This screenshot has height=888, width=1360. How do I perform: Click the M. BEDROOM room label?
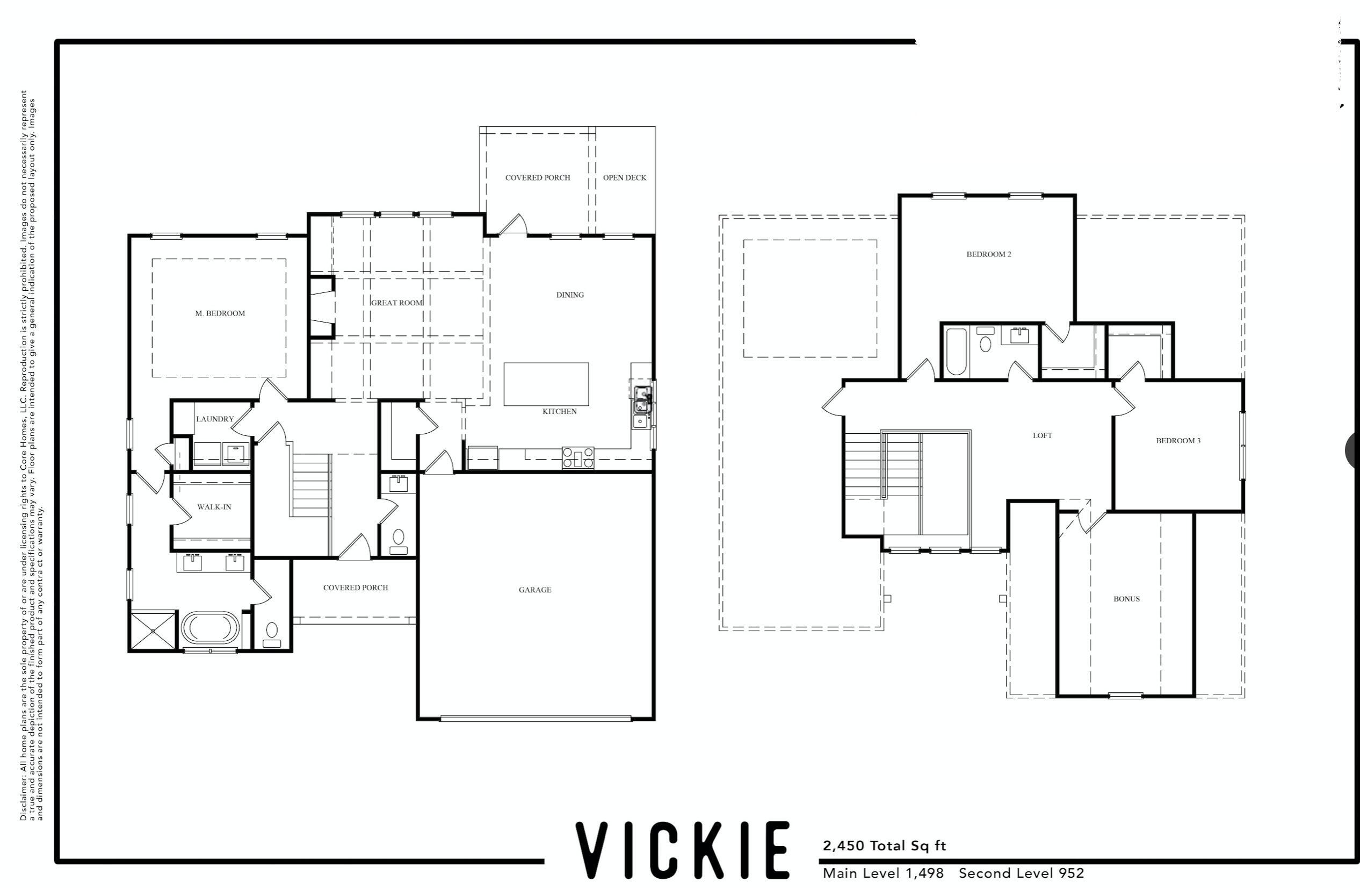point(220,313)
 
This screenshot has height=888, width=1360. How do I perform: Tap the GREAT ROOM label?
point(396,303)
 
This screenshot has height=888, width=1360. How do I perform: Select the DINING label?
point(570,295)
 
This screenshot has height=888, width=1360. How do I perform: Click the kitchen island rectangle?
point(546,384)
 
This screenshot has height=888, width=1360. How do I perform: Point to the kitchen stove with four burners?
point(578,457)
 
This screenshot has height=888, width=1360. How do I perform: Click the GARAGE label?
point(535,590)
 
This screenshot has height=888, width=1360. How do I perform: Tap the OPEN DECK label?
point(625,178)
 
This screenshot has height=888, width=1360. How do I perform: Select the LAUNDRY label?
point(215,419)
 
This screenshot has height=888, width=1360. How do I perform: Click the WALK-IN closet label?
point(214,506)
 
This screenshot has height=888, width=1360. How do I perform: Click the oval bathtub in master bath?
point(209,628)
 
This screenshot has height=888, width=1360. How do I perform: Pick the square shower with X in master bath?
point(153,631)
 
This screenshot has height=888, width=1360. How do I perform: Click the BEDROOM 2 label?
point(988,254)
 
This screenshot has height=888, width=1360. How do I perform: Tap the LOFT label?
point(1042,436)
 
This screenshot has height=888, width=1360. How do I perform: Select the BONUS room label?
point(1126,599)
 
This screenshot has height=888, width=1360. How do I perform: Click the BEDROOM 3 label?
point(1178,440)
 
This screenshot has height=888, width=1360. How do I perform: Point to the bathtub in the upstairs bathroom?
point(956,352)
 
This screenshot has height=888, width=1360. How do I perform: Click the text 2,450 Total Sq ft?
point(884,845)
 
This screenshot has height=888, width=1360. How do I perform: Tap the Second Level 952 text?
point(1021,873)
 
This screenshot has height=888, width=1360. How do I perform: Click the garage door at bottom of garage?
point(536,718)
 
